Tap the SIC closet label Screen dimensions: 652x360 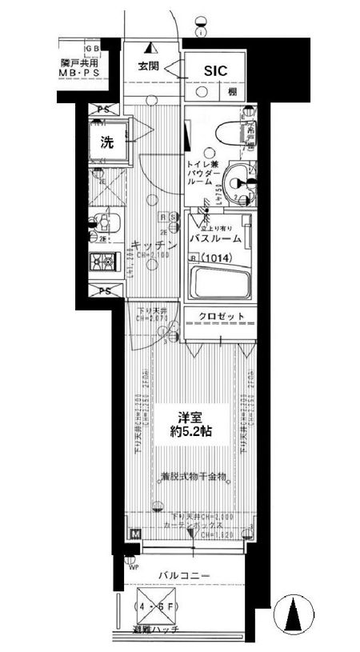pyautogui.click(x=215, y=71)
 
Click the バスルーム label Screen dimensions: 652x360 pyautogui.click(x=217, y=239)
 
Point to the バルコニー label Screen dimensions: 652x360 pyautogui.click(x=183, y=575)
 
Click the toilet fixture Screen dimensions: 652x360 pyautogui.click(x=237, y=130)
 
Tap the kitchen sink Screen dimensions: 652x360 pyautogui.click(x=104, y=222)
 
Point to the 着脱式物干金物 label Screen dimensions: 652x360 pyautogui.click(x=193, y=477)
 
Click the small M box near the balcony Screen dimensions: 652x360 pyautogui.click(x=134, y=534)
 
